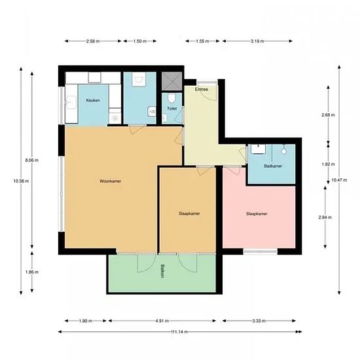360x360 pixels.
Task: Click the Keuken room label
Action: (x=93, y=100)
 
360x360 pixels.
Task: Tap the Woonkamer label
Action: (x=110, y=181)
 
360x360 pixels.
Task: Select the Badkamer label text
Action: (x=273, y=166)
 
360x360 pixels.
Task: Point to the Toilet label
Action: (x=172, y=109)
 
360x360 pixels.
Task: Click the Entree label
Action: (x=202, y=89)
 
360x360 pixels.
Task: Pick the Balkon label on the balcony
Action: (x=162, y=271)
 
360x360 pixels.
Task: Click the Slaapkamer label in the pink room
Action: (x=257, y=214)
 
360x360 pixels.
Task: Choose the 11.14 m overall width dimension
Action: (x=179, y=332)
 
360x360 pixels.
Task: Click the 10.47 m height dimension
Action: (x=339, y=180)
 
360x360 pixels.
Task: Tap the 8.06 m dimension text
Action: (x=32, y=160)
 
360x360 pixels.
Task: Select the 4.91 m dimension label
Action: (x=162, y=321)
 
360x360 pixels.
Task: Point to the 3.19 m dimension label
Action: (x=257, y=41)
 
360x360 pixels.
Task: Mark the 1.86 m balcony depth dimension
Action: (x=32, y=272)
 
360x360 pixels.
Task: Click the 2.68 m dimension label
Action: (x=328, y=115)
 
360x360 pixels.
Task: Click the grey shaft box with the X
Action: (x=171, y=81)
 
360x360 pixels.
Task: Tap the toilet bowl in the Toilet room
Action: (x=171, y=98)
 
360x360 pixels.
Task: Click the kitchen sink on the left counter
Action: (x=71, y=102)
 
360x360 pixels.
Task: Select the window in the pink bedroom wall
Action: (x=261, y=252)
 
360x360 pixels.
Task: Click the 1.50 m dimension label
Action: (x=140, y=41)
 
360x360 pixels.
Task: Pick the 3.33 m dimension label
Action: (x=259, y=321)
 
